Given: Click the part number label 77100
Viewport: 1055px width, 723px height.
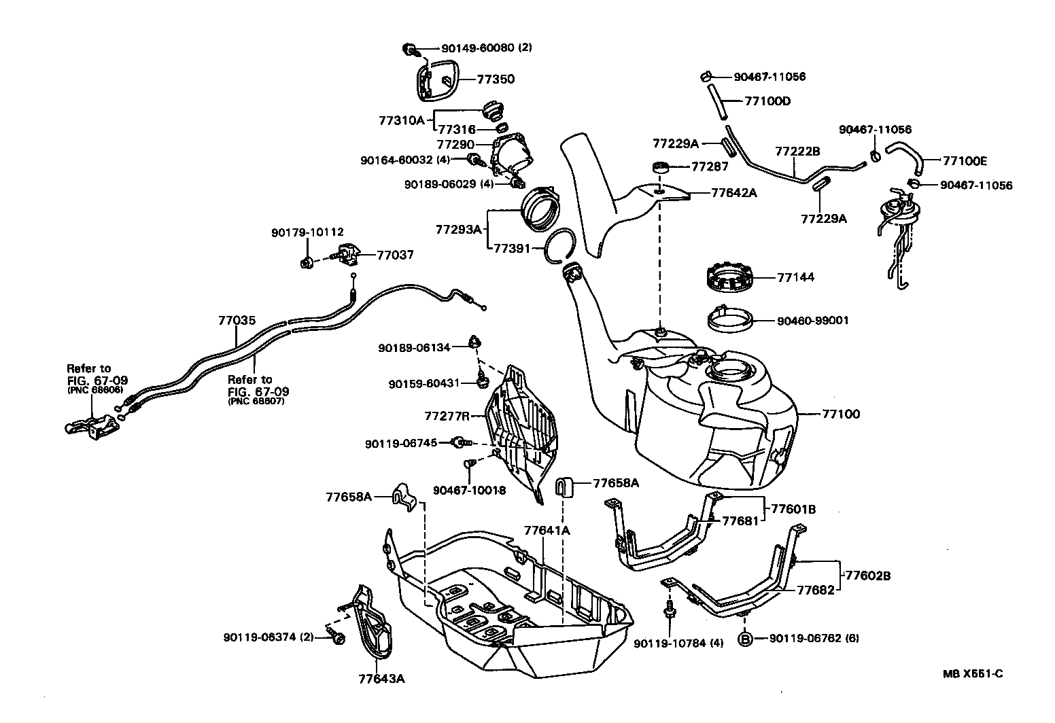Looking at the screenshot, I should pos(841,414).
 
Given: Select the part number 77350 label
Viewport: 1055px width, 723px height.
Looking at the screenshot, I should pos(496,79).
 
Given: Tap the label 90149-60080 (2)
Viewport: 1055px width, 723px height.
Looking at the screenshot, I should pos(486,48).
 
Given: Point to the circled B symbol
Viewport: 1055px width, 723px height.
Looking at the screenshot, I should pos(744,639).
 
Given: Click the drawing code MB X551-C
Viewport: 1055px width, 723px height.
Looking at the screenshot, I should pos(973,674).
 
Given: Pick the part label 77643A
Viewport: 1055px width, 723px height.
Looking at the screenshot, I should pos(381,678).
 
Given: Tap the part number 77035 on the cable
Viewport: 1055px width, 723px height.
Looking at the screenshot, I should pos(237,320).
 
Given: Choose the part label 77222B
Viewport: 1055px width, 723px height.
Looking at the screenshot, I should pos(798,151).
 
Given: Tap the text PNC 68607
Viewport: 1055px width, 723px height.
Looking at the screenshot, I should pos(256,402).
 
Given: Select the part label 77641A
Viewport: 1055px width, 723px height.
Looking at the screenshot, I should pos(547,529).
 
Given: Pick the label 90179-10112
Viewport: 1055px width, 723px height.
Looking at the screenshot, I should pos(307,232).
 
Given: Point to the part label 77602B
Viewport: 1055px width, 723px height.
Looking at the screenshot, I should pos(867,576).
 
